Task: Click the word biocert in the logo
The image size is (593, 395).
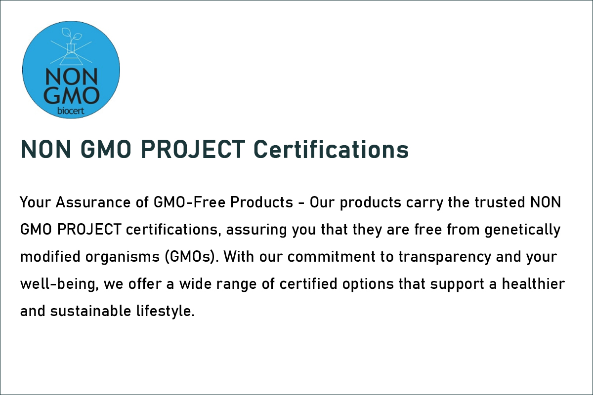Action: (x=71, y=111)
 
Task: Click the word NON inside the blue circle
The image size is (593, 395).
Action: (x=72, y=77)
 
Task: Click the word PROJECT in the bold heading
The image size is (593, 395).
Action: (x=193, y=150)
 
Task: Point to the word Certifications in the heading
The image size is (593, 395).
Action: (x=331, y=150)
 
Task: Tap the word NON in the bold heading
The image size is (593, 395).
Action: (x=46, y=150)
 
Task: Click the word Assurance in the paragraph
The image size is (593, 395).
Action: (x=93, y=202)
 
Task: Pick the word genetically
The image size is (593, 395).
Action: (x=523, y=230)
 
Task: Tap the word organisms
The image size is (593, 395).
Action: (x=123, y=257)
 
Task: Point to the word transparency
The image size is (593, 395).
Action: (x=444, y=257)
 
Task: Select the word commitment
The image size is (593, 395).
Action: (x=332, y=257)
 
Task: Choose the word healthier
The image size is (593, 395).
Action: (x=533, y=284)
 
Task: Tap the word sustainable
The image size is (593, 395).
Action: (x=90, y=311)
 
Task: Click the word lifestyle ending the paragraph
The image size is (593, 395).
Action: (x=166, y=311)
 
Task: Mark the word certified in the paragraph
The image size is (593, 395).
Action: (x=308, y=284)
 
